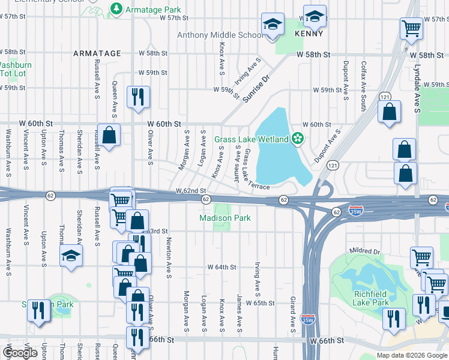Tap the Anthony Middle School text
[x=219, y=35]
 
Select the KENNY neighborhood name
[x=309, y=35]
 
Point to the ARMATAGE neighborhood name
[x=97, y=53]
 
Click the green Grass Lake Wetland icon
[x=297, y=139]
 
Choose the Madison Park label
[x=224, y=218]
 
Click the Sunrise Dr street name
[x=258, y=88]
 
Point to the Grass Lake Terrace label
[x=255, y=170]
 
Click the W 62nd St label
[x=190, y=190]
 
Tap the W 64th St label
[x=223, y=266]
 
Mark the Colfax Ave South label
[x=363, y=77]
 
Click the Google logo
[x=20, y=353]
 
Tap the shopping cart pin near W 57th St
[x=411, y=27]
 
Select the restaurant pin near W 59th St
[x=138, y=97]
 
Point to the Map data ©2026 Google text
[x=411, y=355]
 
